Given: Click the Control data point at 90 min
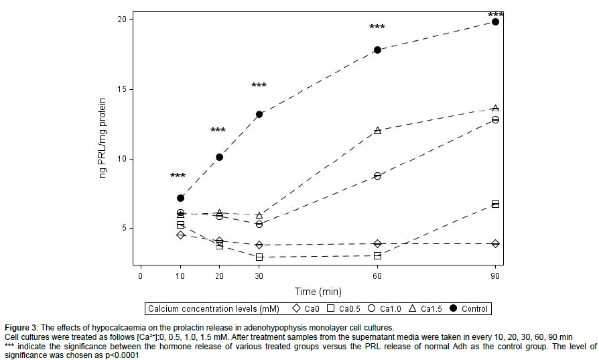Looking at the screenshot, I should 495,21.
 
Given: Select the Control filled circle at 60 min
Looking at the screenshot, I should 377,50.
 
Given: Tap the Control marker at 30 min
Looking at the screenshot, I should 259,114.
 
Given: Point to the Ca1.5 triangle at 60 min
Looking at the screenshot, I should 377,130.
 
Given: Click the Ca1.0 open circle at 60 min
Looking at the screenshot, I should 377,176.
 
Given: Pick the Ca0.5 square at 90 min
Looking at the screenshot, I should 495,204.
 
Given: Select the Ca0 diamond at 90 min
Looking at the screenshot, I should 495,243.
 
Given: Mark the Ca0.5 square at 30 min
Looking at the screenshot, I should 259,257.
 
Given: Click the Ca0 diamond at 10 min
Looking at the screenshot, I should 180,235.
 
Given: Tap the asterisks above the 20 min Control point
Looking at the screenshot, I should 218,131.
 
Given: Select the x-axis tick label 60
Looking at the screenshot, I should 377,276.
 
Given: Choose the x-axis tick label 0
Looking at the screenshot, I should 141,276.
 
